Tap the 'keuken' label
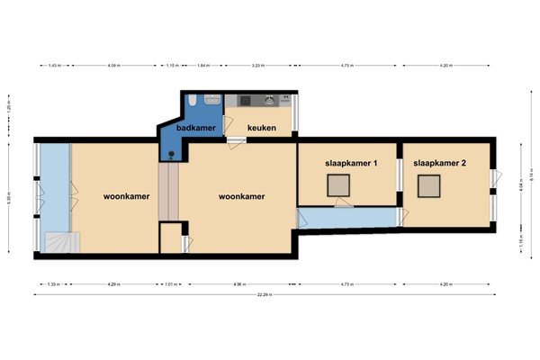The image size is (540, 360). (261, 129)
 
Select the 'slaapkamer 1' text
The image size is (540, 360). (350, 163)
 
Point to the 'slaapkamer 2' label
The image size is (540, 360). (439, 163)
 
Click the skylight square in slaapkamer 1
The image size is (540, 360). (339, 185)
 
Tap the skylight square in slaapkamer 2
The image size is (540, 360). (429, 185)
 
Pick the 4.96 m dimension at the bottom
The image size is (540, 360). (238, 283)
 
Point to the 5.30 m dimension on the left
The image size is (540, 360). (10, 200)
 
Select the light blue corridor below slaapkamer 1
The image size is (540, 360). (348, 217)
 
